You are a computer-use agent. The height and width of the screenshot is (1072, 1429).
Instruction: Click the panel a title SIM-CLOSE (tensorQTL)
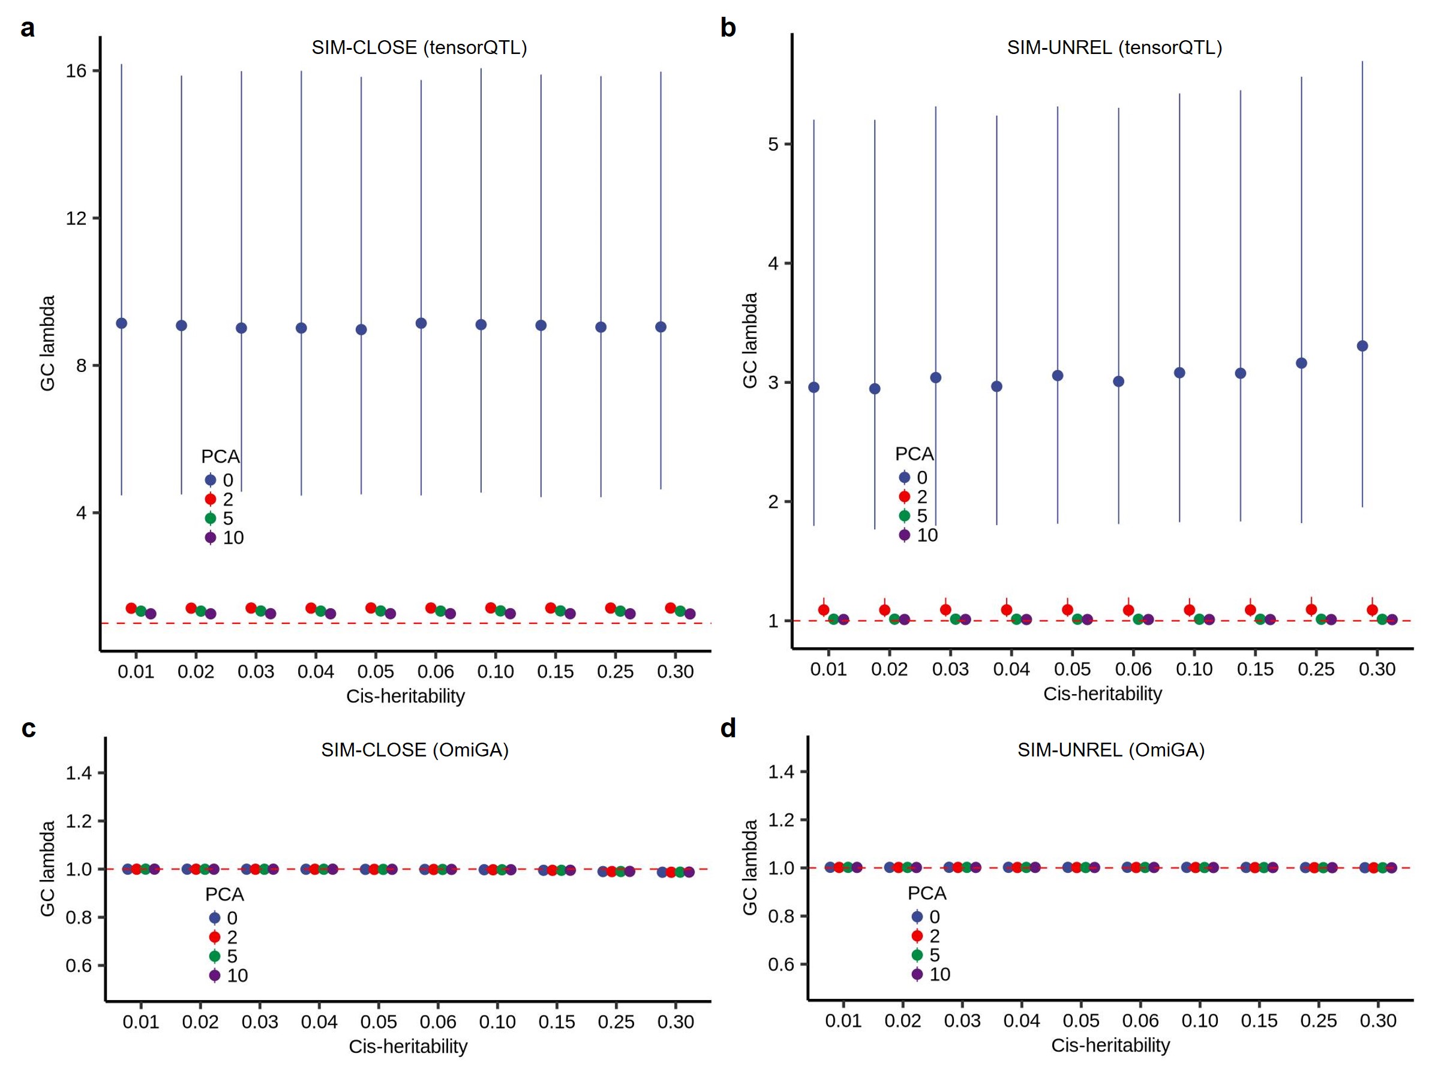coord(419,48)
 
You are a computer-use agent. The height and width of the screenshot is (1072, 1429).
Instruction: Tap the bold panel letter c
coord(28,728)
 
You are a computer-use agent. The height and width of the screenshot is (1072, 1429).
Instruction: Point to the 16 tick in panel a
coord(76,71)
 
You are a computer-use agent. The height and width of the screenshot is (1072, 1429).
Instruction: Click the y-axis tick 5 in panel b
coord(773,144)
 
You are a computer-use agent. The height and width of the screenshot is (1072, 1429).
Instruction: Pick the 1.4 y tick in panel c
coord(78,773)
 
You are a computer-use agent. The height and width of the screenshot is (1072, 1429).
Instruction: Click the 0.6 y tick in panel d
coord(780,964)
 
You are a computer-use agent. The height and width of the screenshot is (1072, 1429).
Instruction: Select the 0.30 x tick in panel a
coord(675,672)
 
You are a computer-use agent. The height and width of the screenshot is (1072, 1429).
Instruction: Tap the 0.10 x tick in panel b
coord(1194,669)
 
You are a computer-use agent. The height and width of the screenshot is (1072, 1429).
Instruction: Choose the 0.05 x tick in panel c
coord(379,1022)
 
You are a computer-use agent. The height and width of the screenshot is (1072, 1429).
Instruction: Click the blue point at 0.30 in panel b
coord(1362,346)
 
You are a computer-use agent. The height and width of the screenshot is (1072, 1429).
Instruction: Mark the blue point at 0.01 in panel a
coord(121,323)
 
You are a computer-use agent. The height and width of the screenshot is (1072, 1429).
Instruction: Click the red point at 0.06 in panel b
coord(1128,610)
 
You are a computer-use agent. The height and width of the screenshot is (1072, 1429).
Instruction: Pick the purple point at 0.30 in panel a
coord(690,614)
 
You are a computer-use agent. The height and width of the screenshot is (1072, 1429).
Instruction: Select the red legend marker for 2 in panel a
coord(211,499)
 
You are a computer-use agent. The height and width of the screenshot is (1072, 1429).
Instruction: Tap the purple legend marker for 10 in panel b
coord(905,535)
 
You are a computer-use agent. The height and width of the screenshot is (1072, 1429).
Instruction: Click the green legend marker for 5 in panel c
coord(215,956)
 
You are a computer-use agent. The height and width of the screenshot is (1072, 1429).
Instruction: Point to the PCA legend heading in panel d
coord(926,893)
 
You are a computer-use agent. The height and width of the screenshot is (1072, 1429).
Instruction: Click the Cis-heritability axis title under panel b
coord(1102,693)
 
